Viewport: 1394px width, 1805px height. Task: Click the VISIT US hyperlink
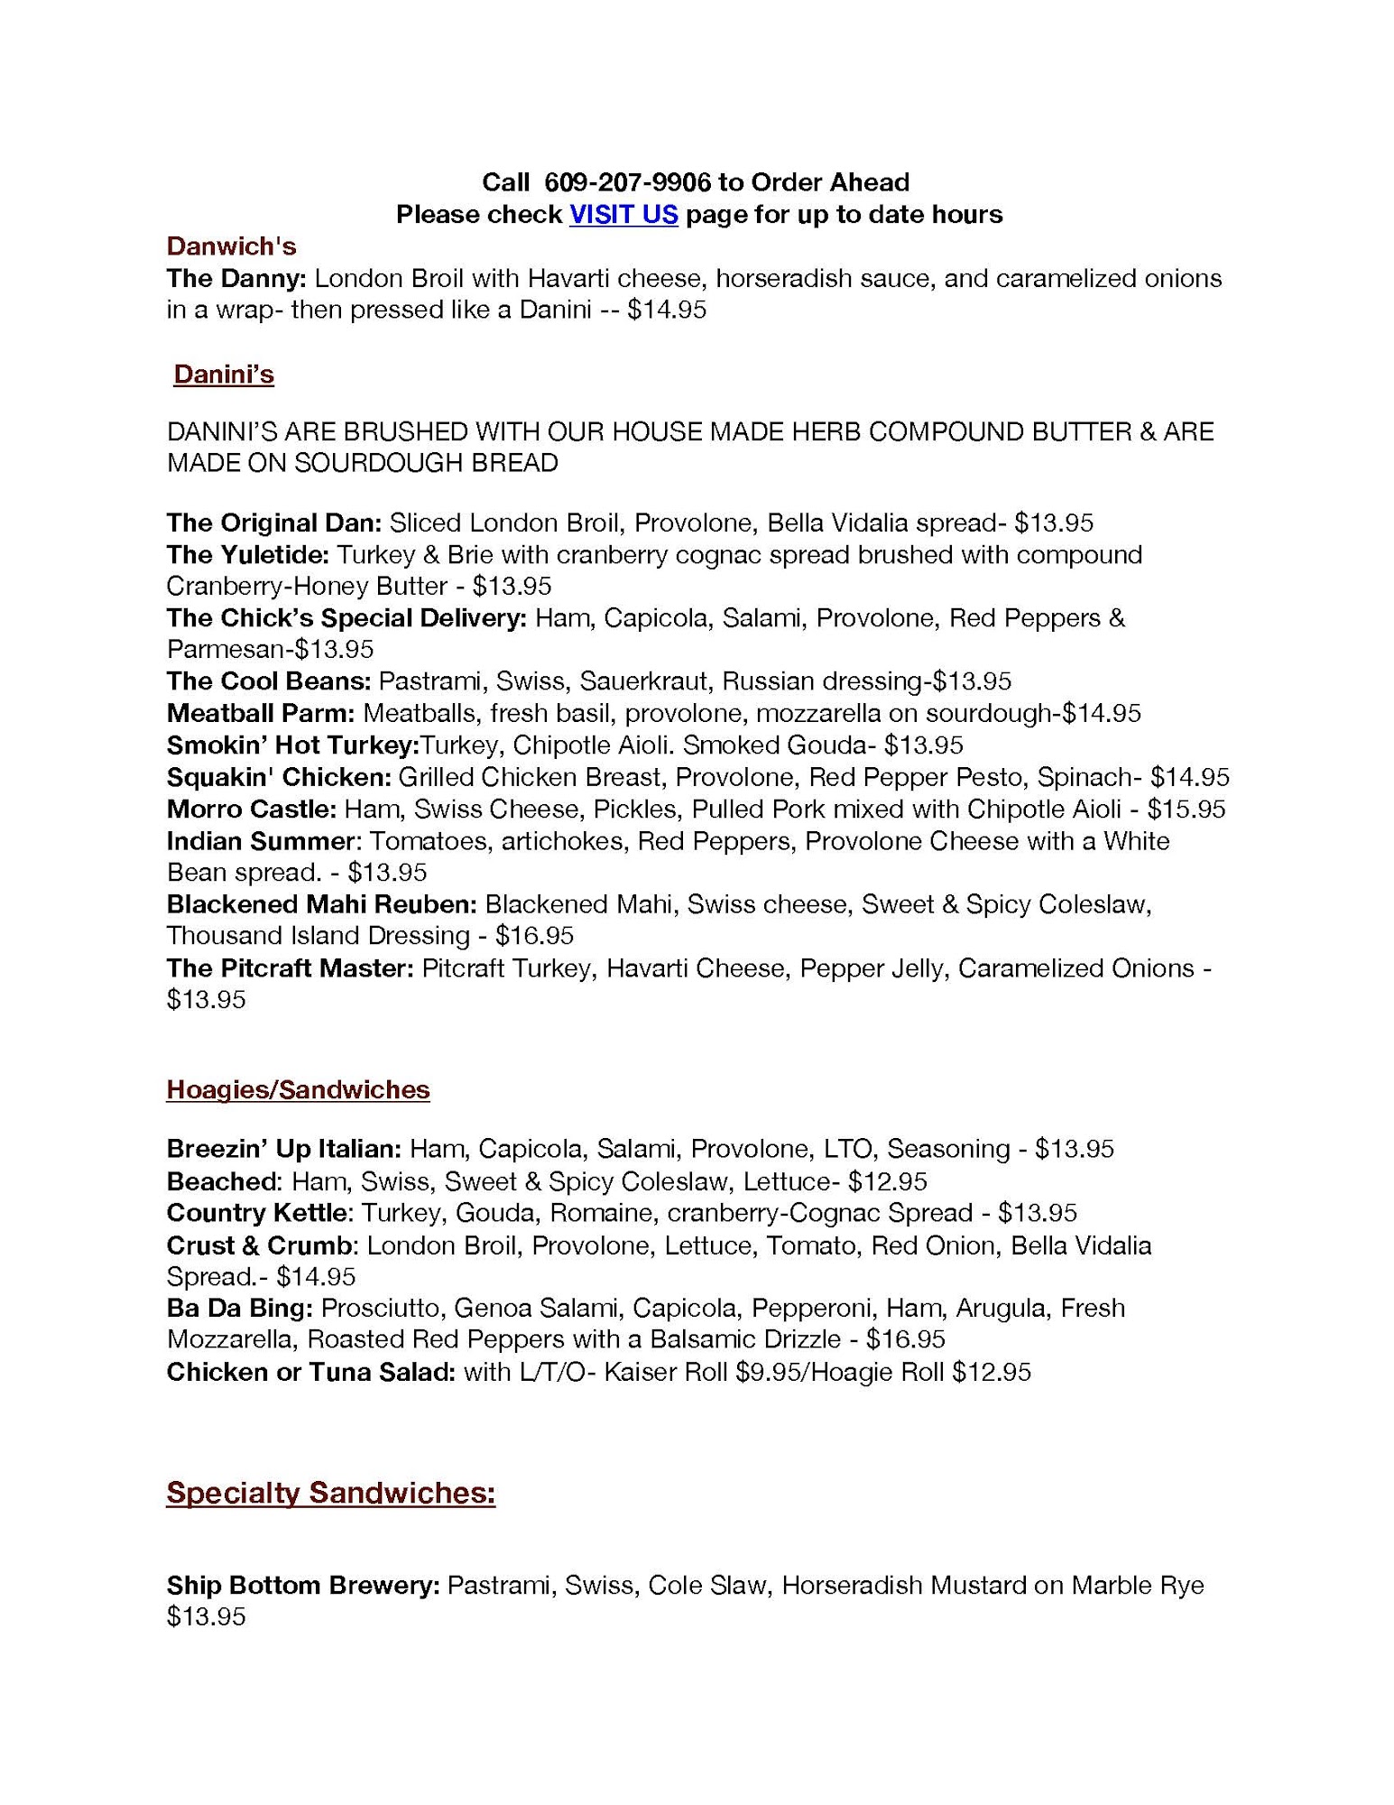coord(623,215)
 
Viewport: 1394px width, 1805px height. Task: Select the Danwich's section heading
coord(231,246)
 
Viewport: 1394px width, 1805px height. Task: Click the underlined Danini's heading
coord(223,375)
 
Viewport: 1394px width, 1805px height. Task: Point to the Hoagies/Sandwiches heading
coord(298,1089)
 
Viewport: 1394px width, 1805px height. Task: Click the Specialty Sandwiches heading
coord(330,1493)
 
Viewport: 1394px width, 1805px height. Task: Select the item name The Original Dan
coord(274,523)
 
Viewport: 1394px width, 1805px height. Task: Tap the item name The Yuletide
coord(248,554)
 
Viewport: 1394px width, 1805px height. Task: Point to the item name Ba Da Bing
coord(240,1308)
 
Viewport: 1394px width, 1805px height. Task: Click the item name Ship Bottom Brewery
coord(303,1586)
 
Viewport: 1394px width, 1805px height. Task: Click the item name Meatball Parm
coord(261,713)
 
